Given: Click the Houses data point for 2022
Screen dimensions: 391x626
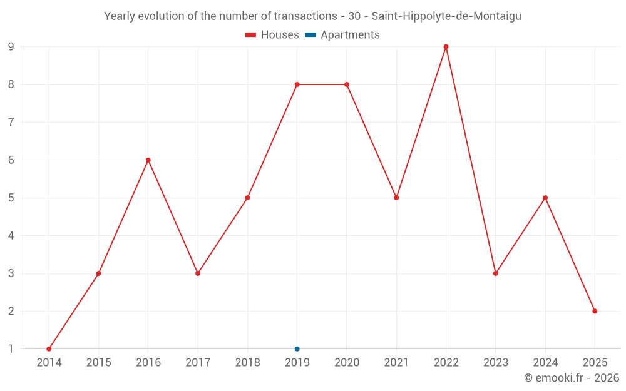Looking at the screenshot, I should click(446, 47).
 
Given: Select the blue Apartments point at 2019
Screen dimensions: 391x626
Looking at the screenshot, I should click(297, 349).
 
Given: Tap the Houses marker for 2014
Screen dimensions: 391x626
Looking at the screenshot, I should click(49, 349).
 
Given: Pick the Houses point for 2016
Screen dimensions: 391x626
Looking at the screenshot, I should click(148, 160).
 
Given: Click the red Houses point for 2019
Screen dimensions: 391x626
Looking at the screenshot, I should click(297, 84).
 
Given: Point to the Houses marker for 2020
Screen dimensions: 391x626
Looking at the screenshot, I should click(347, 84).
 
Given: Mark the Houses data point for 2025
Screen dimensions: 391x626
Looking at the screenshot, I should click(595, 311).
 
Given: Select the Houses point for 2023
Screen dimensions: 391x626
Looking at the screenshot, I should click(495, 273).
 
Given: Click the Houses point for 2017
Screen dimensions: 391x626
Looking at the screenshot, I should click(198, 273).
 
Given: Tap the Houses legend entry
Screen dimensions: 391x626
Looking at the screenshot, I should click(272, 35).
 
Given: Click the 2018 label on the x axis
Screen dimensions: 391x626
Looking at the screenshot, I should click(247, 363).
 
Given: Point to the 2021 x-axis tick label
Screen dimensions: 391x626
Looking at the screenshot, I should click(396, 363).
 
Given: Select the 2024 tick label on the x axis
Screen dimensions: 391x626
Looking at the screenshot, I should click(545, 363).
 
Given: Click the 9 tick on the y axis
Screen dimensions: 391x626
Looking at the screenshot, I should click(11, 47).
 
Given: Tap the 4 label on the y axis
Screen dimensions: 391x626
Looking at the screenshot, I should click(11, 236).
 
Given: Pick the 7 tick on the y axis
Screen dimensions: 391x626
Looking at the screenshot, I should click(11, 123).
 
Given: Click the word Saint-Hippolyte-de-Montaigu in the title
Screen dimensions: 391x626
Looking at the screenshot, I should click(446, 16).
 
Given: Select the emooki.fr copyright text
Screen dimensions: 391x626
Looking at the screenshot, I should click(572, 378).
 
